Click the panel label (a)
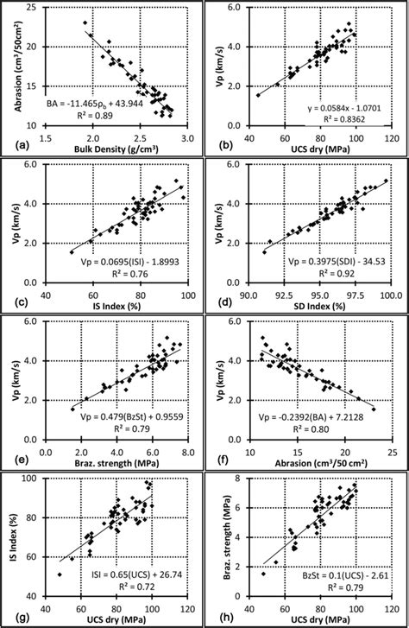coord(16,146)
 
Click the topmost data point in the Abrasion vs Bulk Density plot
coord(85,22)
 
